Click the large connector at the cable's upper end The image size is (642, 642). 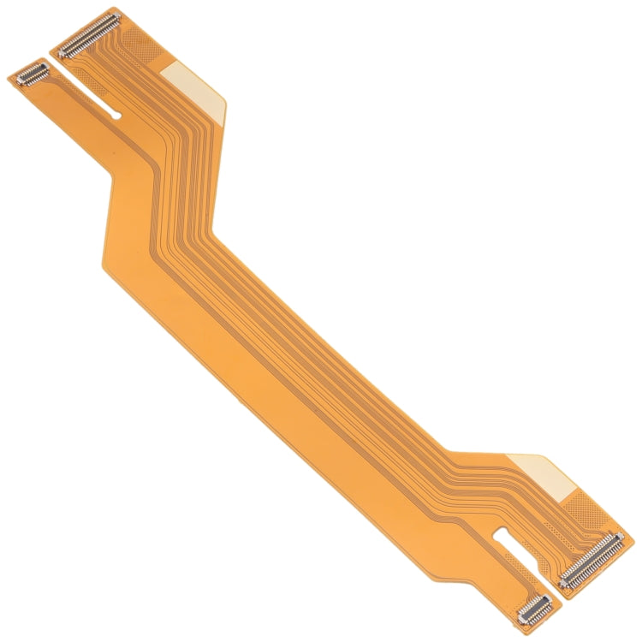pyautogui.click(x=87, y=36)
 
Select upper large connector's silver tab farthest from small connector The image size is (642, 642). pyautogui.click(x=112, y=20)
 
